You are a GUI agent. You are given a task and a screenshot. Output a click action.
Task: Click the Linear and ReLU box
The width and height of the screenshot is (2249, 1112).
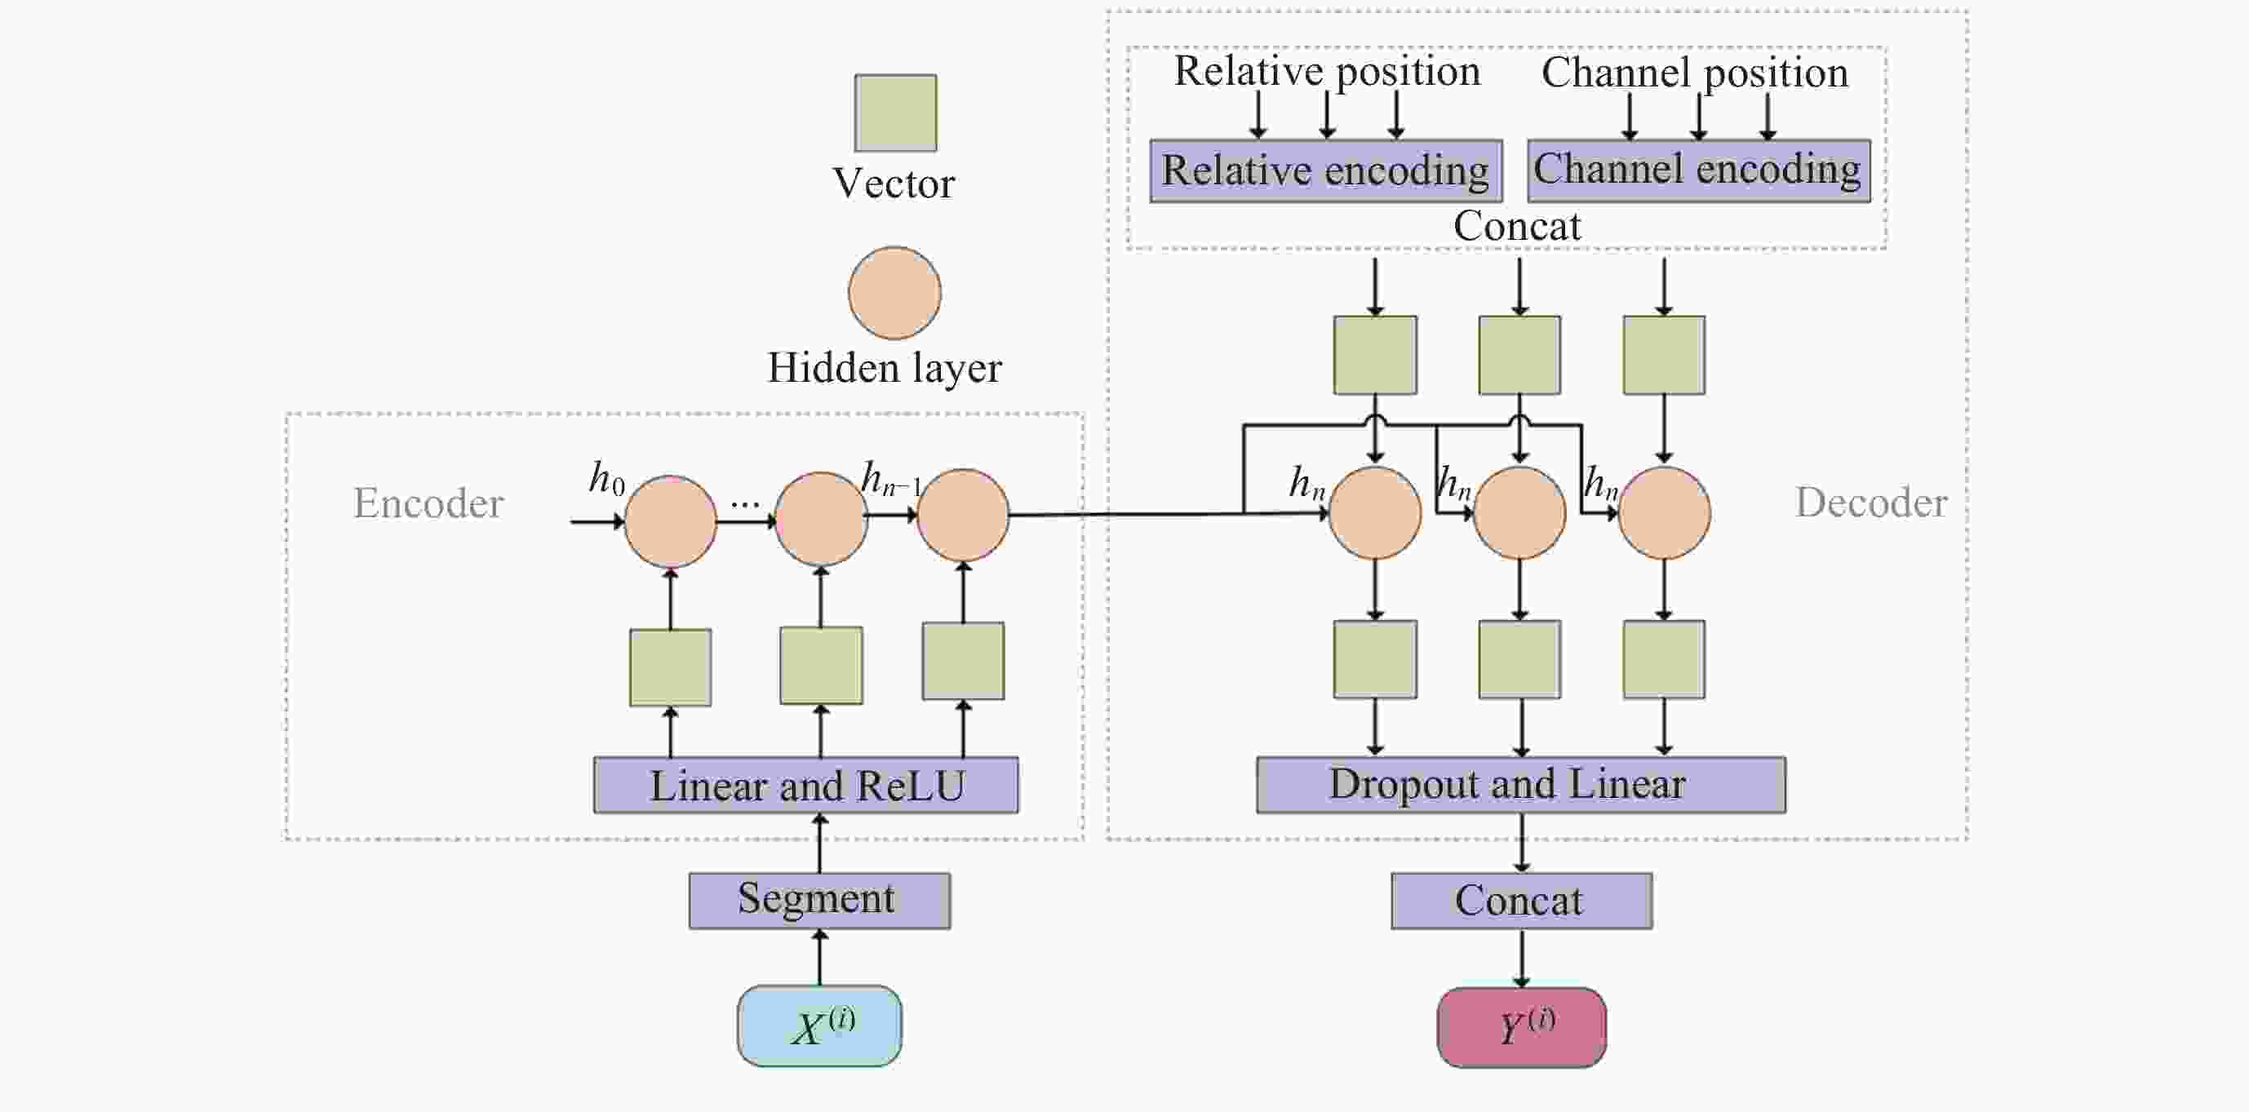pyautogui.click(x=805, y=785)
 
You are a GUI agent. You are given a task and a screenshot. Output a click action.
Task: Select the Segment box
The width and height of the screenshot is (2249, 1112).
pyautogui.click(x=819, y=900)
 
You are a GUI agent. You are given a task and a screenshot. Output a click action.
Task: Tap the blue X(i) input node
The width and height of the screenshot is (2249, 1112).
pyautogui.click(x=819, y=1026)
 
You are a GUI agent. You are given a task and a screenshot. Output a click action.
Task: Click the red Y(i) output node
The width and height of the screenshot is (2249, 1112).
pyautogui.click(x=1521, y=1026)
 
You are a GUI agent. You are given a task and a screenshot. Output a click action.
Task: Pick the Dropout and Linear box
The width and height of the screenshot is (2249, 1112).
pyautogui.click(x=1520, y=784)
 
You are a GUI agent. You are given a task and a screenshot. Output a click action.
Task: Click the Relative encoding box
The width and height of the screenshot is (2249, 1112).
pyautogui.click(x=1325, y=171)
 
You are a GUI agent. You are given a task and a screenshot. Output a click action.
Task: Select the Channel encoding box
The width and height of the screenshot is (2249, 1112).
pyautogui.click(x=1698, y=171)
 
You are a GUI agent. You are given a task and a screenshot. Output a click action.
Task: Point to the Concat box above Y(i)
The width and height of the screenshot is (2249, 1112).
pyautogui.click(x=1521, y=900)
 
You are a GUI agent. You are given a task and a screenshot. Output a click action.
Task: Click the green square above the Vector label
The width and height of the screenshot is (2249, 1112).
pyautogui.click(x=896, y=113)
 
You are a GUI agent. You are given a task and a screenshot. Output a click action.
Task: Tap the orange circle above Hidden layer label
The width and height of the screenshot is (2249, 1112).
pyautogui.click(x=895, y=292)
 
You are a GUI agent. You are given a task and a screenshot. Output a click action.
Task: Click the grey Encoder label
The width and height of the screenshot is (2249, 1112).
pyautogui.click(x=428, y=503)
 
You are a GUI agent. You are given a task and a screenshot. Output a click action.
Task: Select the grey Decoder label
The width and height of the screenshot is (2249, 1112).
pyautogui.click(x=1871, y=503)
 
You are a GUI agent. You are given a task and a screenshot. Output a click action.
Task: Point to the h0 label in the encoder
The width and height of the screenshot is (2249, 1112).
pyautogui.click(x=605, y=478)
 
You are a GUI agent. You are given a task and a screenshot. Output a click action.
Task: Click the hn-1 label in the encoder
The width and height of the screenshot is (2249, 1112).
pyautogui.click(x=889, y=479)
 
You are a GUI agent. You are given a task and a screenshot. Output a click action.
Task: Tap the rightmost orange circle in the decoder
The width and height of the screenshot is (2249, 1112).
pyautogui.click(x=1664, y=512)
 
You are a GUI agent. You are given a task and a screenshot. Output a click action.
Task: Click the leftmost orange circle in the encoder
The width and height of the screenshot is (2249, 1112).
pyautogui.click(x=671, y=521)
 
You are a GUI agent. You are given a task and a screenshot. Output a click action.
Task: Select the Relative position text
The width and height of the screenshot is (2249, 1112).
pyautogui.click(x=1327, y=72)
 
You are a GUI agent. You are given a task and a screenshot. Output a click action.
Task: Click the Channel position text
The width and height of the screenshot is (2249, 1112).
pyautogui.click(x=1695, y=73)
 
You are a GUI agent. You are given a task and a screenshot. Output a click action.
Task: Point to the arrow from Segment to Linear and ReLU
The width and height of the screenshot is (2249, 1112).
pyautogui.click(x=819, y=843)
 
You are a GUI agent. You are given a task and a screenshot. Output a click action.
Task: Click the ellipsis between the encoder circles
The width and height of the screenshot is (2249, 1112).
pyautogui.click(x=745, y=503)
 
